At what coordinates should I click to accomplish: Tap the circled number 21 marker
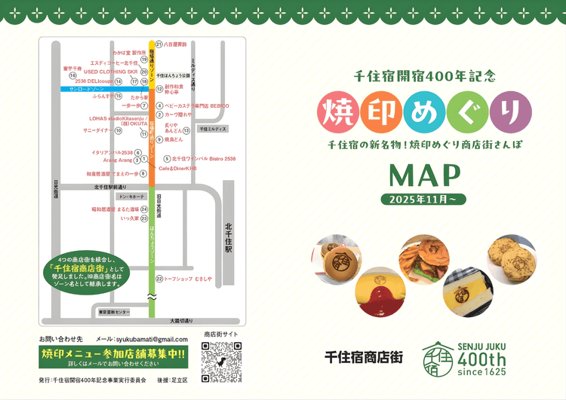tap(159, 44)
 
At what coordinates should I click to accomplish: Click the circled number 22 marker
tap(159, 279)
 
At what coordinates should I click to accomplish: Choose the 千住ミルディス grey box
tap(213, 130)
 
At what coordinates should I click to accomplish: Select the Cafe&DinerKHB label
tap(177, 169)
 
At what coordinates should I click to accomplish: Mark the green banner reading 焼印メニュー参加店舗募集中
tap(113, 353)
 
